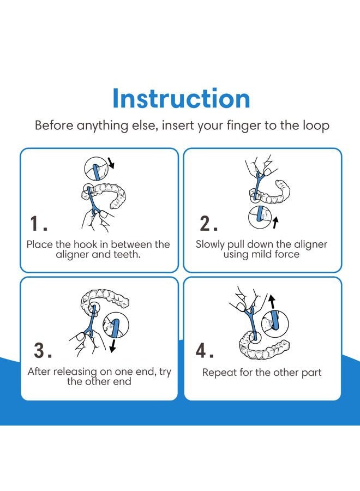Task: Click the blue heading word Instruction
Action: (181, 98)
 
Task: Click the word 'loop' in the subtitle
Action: (316, 125)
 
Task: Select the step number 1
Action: (38, 224)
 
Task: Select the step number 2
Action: (208, 223)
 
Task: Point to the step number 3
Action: (43, 350)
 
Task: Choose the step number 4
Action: (205, 350)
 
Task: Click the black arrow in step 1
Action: (111, 163)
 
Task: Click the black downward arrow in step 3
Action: (113, 346)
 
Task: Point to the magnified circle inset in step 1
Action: (96, 169)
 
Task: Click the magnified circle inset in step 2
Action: (260, 218)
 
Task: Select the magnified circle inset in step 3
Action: (115, 325)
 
